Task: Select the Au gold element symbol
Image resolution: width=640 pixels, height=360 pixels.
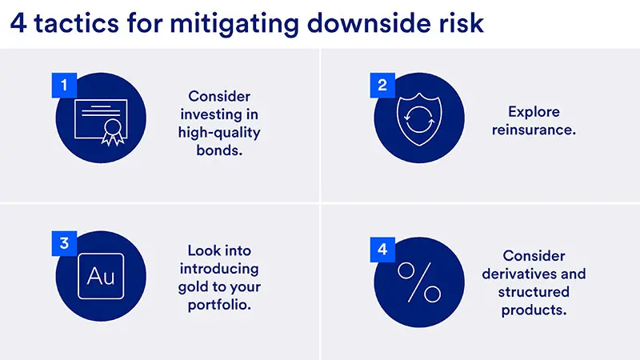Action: coord(101,277)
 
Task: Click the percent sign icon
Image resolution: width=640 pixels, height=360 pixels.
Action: coord(420,282)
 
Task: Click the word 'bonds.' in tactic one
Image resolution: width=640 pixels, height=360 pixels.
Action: coord(219,150)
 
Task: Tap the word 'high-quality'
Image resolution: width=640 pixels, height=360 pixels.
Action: coord(219,132)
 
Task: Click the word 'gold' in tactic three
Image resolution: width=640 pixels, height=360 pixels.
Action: coord(197,286)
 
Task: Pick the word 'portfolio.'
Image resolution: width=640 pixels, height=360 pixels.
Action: coord(218,305)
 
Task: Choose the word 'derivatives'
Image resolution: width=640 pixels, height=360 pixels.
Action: coord(534,274)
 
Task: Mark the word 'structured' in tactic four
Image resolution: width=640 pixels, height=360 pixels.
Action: coord(534,292)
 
